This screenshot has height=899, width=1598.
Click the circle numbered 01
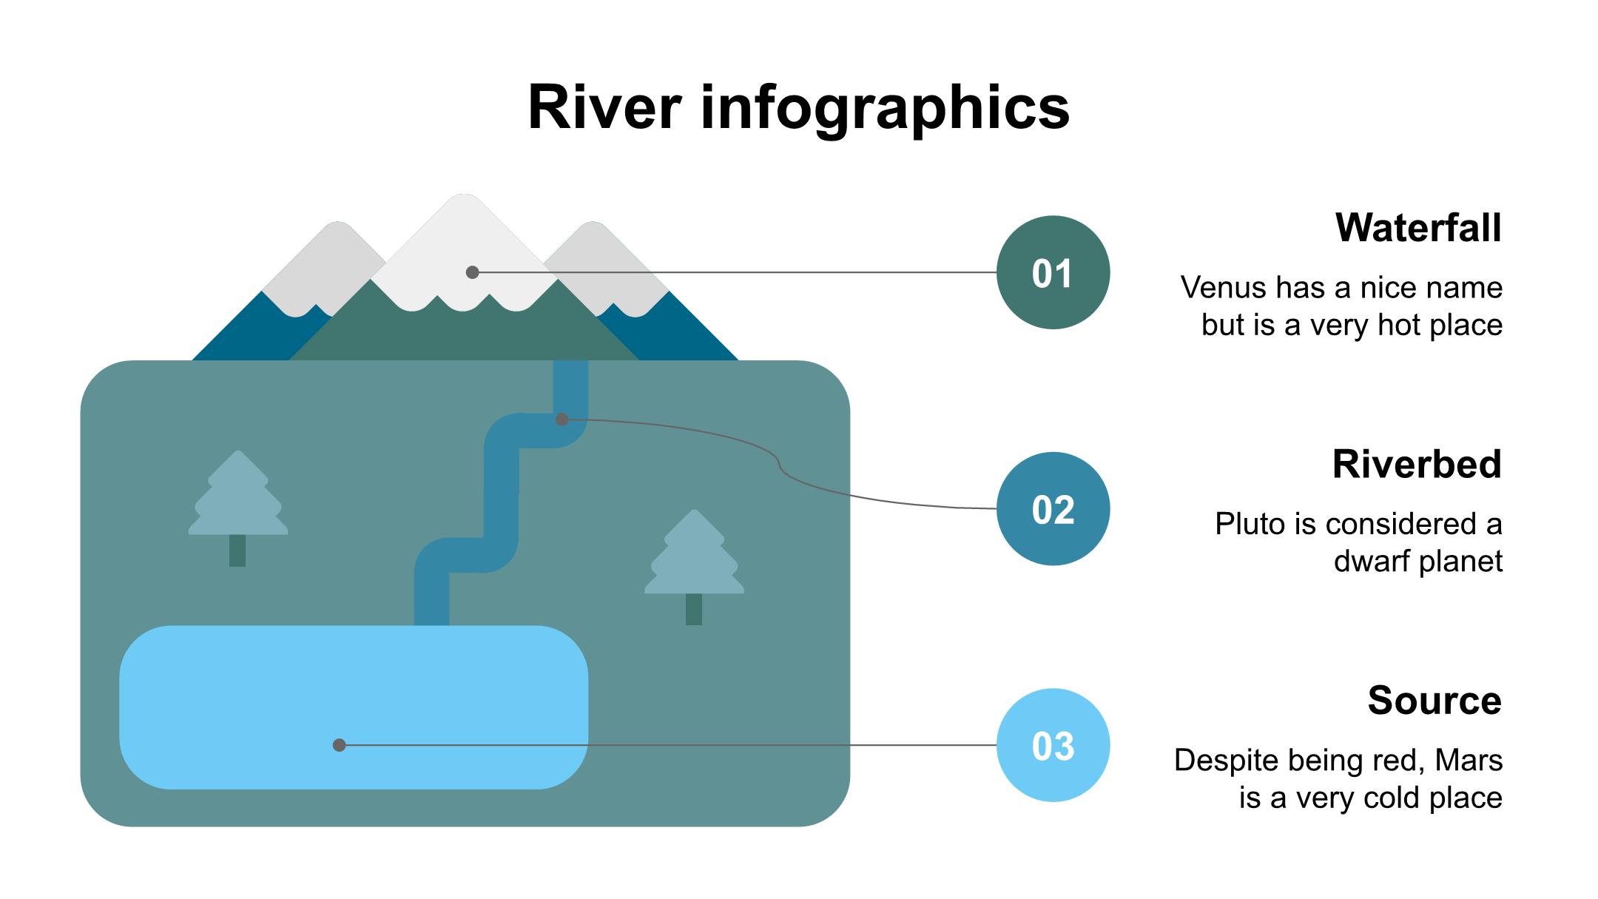point(1053,272)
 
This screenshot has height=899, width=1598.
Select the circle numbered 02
point(1053,509)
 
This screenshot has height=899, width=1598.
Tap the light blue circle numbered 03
point(1053,745)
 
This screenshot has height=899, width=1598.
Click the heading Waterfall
point(1418,227)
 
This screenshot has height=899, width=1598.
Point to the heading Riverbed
point(1417,464)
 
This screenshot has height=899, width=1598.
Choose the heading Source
point(1435,700)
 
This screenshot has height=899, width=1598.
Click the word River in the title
point(604,108)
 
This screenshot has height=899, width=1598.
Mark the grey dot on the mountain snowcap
point(473,272)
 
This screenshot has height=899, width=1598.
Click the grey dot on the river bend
point(562,420)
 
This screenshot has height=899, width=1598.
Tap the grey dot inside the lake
point(340,745)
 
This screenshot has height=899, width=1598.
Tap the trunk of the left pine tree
point(237,550)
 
